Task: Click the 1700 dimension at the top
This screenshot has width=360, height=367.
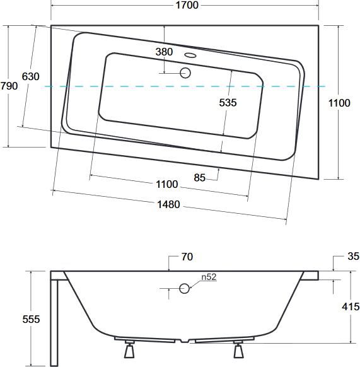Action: (187, 5)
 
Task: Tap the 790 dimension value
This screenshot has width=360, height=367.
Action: (9, 86)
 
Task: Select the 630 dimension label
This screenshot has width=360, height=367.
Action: (30, 76)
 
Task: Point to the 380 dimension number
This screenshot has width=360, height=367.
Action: (164, 52)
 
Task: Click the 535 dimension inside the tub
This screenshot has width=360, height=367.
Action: (228, 103)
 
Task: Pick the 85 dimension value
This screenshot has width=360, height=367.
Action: (199, 178)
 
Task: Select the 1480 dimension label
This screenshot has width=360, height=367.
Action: (168, 204)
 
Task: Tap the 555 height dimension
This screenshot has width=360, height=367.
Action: (31, 319)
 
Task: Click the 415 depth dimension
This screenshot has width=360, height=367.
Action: (351, 306)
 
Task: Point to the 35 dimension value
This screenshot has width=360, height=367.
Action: (353, 256)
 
